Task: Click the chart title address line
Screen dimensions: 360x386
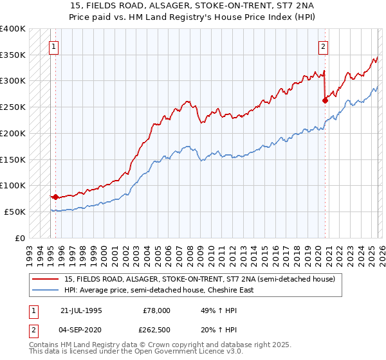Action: click(192, 6)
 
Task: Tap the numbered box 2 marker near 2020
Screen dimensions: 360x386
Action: click(322, 46)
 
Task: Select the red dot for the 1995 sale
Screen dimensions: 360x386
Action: click(56, 197)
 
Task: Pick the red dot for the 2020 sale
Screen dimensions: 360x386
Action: click(325, 100)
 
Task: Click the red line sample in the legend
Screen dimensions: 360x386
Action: click(46, 280)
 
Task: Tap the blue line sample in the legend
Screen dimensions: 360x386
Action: click(46, 290)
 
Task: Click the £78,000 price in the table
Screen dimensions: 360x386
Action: click(157, 310)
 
